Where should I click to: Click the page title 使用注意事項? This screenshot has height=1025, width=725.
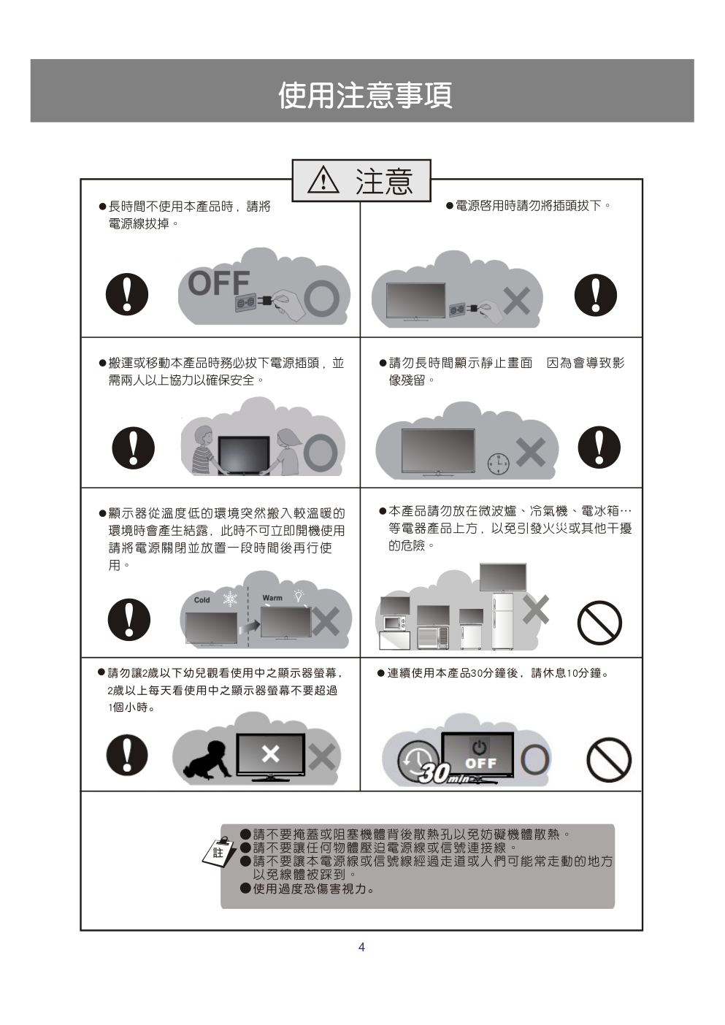365,95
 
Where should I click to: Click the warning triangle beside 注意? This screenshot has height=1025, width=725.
323,180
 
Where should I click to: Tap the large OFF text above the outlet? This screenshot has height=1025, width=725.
219,283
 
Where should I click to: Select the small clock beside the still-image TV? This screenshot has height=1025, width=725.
498,464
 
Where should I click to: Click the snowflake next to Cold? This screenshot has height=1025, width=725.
230,599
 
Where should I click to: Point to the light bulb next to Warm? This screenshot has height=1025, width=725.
299,595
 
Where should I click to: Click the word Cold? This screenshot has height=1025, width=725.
202,600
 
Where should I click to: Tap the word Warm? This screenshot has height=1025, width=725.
272,598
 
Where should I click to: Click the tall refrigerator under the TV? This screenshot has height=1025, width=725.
502,621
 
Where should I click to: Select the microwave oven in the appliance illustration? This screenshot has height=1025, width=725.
395,623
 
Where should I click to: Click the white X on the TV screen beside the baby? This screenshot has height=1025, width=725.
270,753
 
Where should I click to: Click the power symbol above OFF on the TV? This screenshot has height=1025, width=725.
479,748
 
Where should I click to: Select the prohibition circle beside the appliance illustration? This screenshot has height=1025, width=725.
599,622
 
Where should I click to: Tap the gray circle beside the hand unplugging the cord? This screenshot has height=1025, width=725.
322,299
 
